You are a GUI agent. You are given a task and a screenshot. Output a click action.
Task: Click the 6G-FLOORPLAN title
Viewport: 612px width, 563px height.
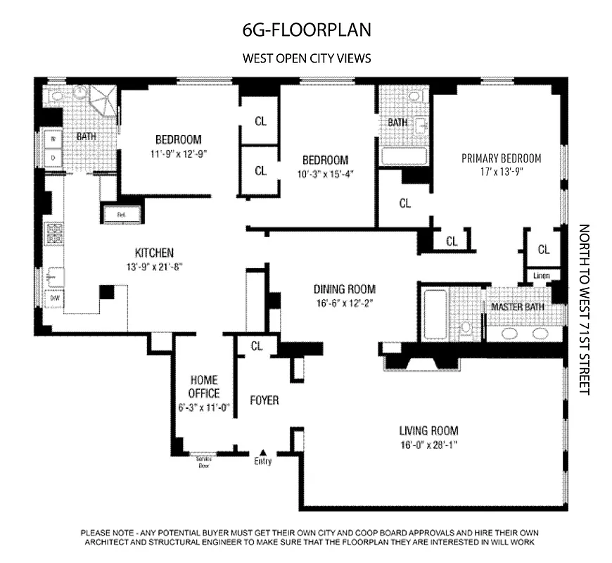pyautogui.click(x=306, y=31)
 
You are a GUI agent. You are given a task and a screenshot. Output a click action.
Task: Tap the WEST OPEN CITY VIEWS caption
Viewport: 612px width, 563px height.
pyautogui.click(x=306, y=58)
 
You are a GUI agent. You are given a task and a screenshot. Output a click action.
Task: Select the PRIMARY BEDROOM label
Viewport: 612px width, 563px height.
pyautogui.click(x=501, y=158)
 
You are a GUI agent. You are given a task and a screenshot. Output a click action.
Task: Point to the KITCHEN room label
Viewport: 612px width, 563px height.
pyautogui.click(x=154, y=253)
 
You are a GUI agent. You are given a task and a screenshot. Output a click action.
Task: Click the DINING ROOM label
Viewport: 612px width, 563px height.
pyautogui.click(x=344, y=289)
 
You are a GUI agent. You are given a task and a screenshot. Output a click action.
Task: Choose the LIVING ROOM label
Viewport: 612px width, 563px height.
pyautogui.click(x=428, y=431)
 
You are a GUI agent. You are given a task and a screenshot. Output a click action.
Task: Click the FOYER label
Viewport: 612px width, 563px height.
pyautogui.click(x=264, y=400)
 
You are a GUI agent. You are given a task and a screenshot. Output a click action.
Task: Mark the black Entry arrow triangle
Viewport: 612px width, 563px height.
pyautogui.click(x=263, y=453)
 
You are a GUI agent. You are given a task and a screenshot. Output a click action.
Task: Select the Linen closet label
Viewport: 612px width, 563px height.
pyautogui.click(x=541, y=275)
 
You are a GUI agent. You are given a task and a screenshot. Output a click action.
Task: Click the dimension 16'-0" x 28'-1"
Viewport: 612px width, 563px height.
pyautogui.click(x=428, y=445)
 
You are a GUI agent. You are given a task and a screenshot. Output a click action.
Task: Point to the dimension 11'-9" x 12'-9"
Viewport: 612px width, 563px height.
pyautogui.click(x=178, y=153)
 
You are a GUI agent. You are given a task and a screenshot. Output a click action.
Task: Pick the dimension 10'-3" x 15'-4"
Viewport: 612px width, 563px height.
pyautogui.click(x=325, y=173)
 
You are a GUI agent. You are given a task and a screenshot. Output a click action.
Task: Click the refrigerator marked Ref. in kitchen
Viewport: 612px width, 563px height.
pyautogui.click(x=121, y=212)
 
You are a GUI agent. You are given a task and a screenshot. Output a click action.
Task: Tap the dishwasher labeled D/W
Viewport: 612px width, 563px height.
pyautogui.click(x=54, y=298)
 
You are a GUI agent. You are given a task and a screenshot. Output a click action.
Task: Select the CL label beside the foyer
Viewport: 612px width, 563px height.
pyautogui.click(x=255, y=346)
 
